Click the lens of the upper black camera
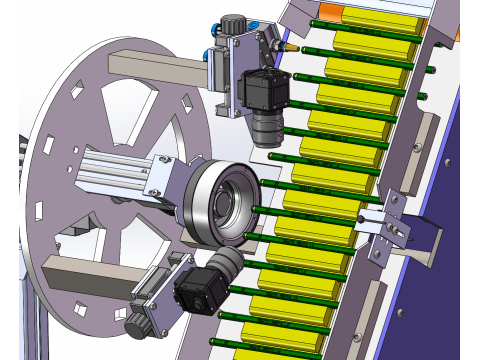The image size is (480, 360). pyautogui.click(x=268, y=128)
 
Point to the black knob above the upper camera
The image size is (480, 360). pyautogui.click(x=234, y=22)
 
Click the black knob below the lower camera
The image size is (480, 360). pyautogui.click(x=137, y=324)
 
